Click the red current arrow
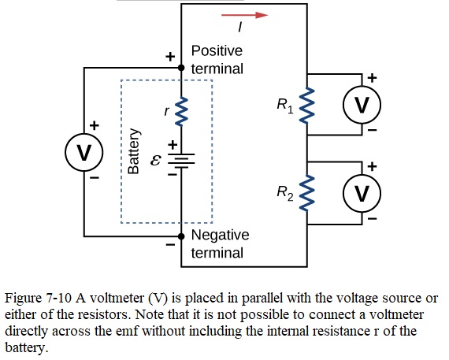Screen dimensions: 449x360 (x=244, y=15)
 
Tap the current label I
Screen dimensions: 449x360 (x=240, y=28)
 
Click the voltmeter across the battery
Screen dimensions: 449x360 (x=84, y=152)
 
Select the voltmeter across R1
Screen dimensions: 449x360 (x=362, y=105)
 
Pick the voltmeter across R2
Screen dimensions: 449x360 (x=362, y=193)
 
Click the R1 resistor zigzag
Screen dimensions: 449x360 (x=307, y=106)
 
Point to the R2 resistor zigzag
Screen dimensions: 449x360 (x=307, y=193)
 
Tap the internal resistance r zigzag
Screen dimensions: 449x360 (x=181, y=111)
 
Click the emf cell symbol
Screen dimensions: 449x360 (x=181, y=161)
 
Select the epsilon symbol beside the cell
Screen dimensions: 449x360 (x=156, y=161)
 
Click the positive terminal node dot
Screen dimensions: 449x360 (x=181, y=68)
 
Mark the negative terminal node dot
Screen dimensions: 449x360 (x=181, y=236)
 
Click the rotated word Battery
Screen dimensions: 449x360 (x=134, y=151)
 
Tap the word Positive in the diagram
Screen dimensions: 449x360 (x=217, y=51)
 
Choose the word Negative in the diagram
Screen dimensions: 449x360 (x=221, y=236)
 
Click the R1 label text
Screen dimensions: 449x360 (x=285, y=106)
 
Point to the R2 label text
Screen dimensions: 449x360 (x=285, y=193)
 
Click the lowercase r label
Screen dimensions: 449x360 (x=167, y=111)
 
